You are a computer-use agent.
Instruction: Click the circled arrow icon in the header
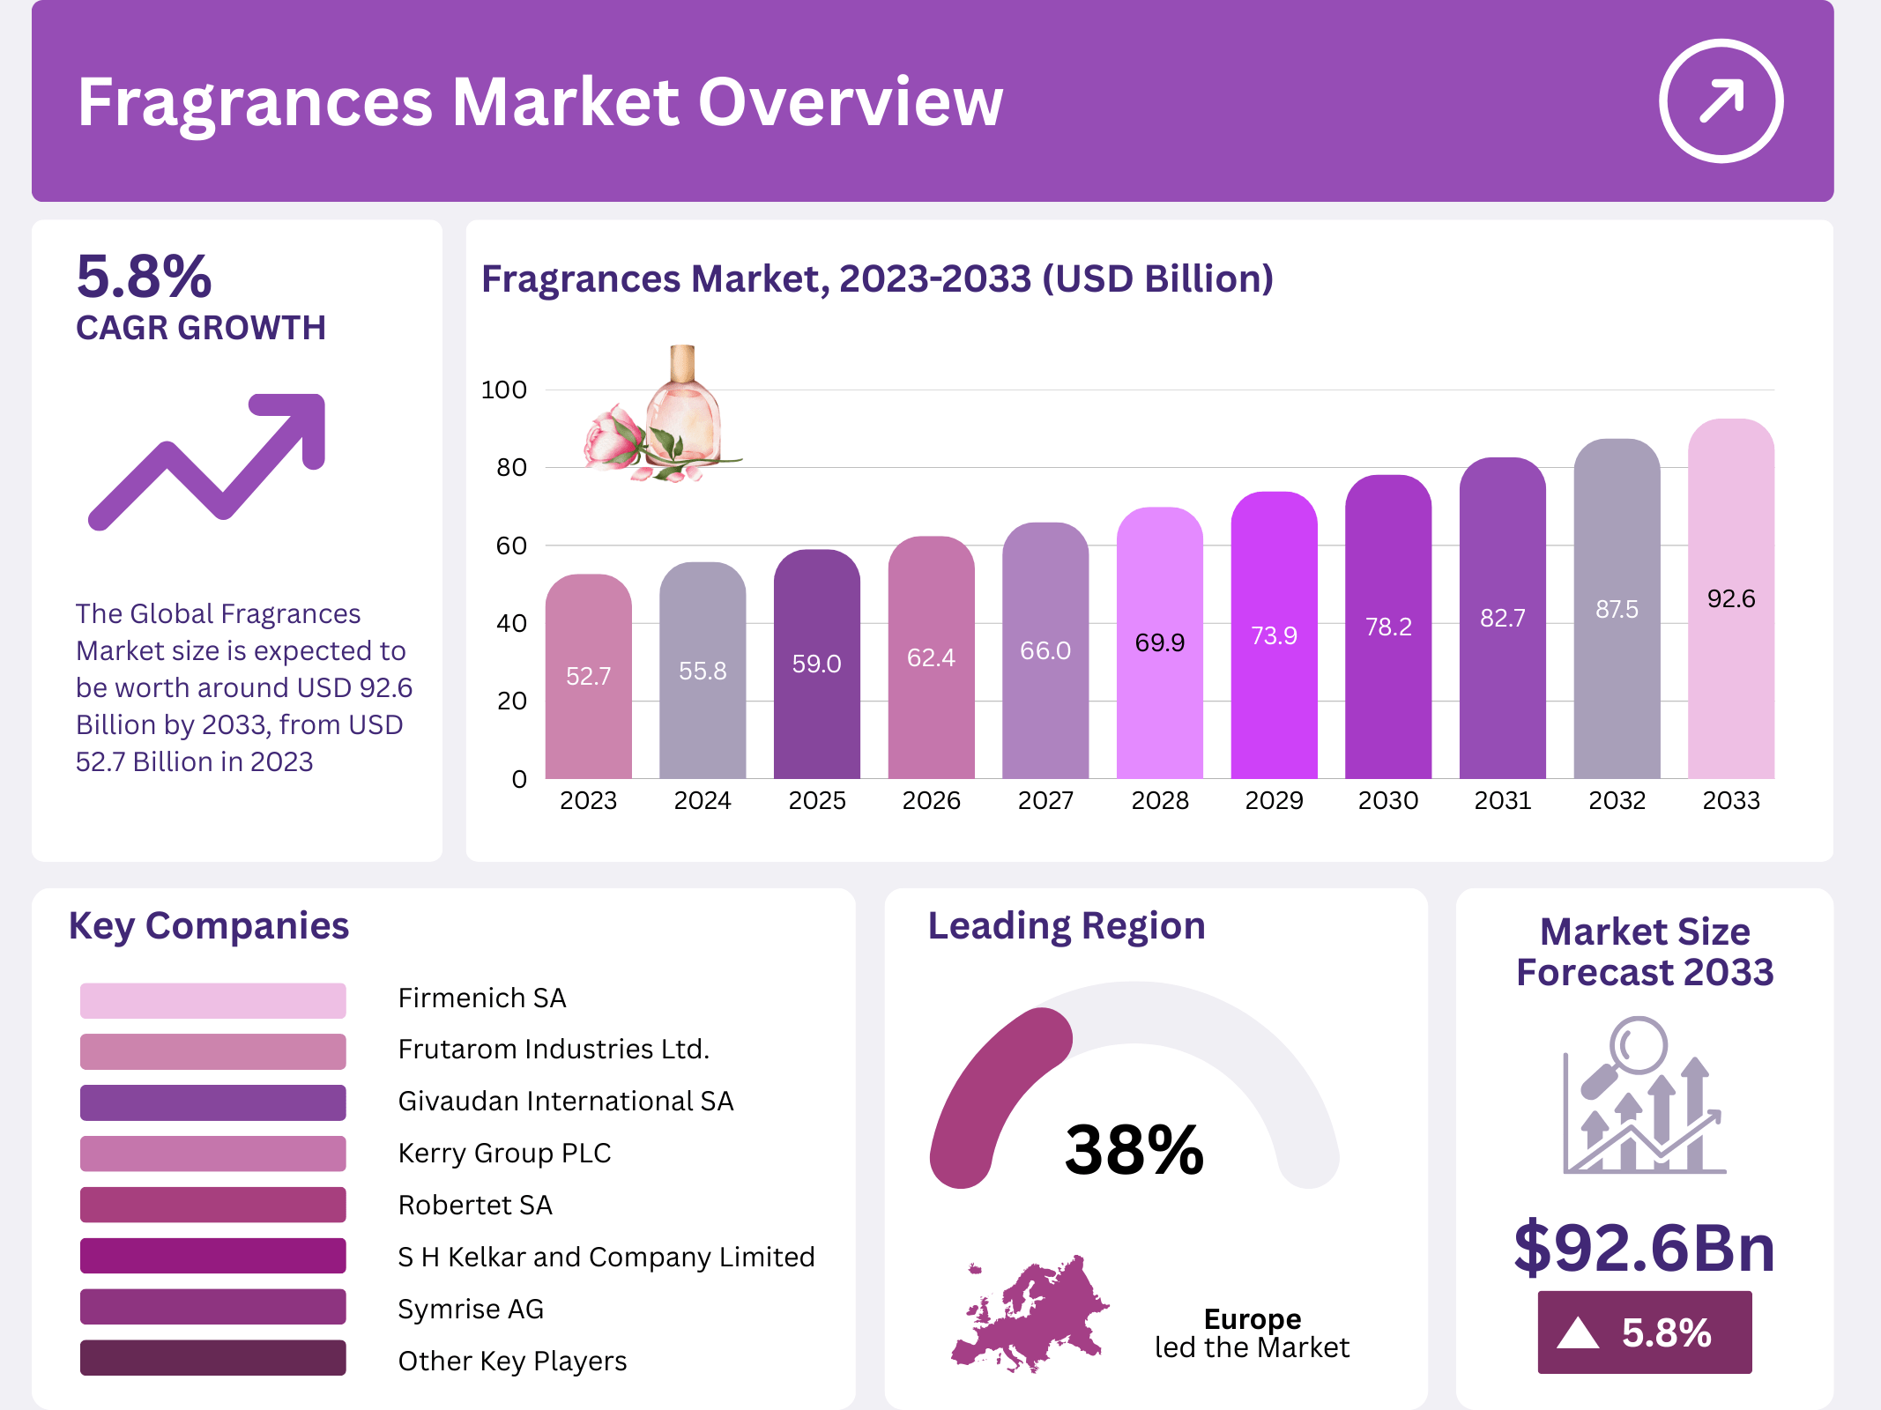(x=1721, y=100)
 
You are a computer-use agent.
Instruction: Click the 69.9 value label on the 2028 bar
(x=1159, y=642)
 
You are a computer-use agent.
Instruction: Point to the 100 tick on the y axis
(x=504, y=390)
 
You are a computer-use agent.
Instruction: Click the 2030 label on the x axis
(x=1387, y=800)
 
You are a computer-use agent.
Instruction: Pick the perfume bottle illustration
(x=684, y=405)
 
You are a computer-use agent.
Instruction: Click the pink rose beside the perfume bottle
(x=614, y=438)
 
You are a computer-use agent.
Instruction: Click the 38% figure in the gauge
(x=1134, y=1150)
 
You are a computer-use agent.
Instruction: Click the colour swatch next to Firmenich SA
(x=212, y=1000)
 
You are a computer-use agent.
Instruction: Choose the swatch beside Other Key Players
(x=212, y=1358)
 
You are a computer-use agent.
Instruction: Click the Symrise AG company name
(x=471, y=1309)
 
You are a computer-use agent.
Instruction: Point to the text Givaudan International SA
(x=565, y=1101)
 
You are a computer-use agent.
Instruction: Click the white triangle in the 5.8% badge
(x=1577, y=1332)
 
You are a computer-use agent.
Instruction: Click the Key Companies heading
(x=209, y=926)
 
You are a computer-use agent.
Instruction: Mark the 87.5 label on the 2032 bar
(x=1616, y=609)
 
